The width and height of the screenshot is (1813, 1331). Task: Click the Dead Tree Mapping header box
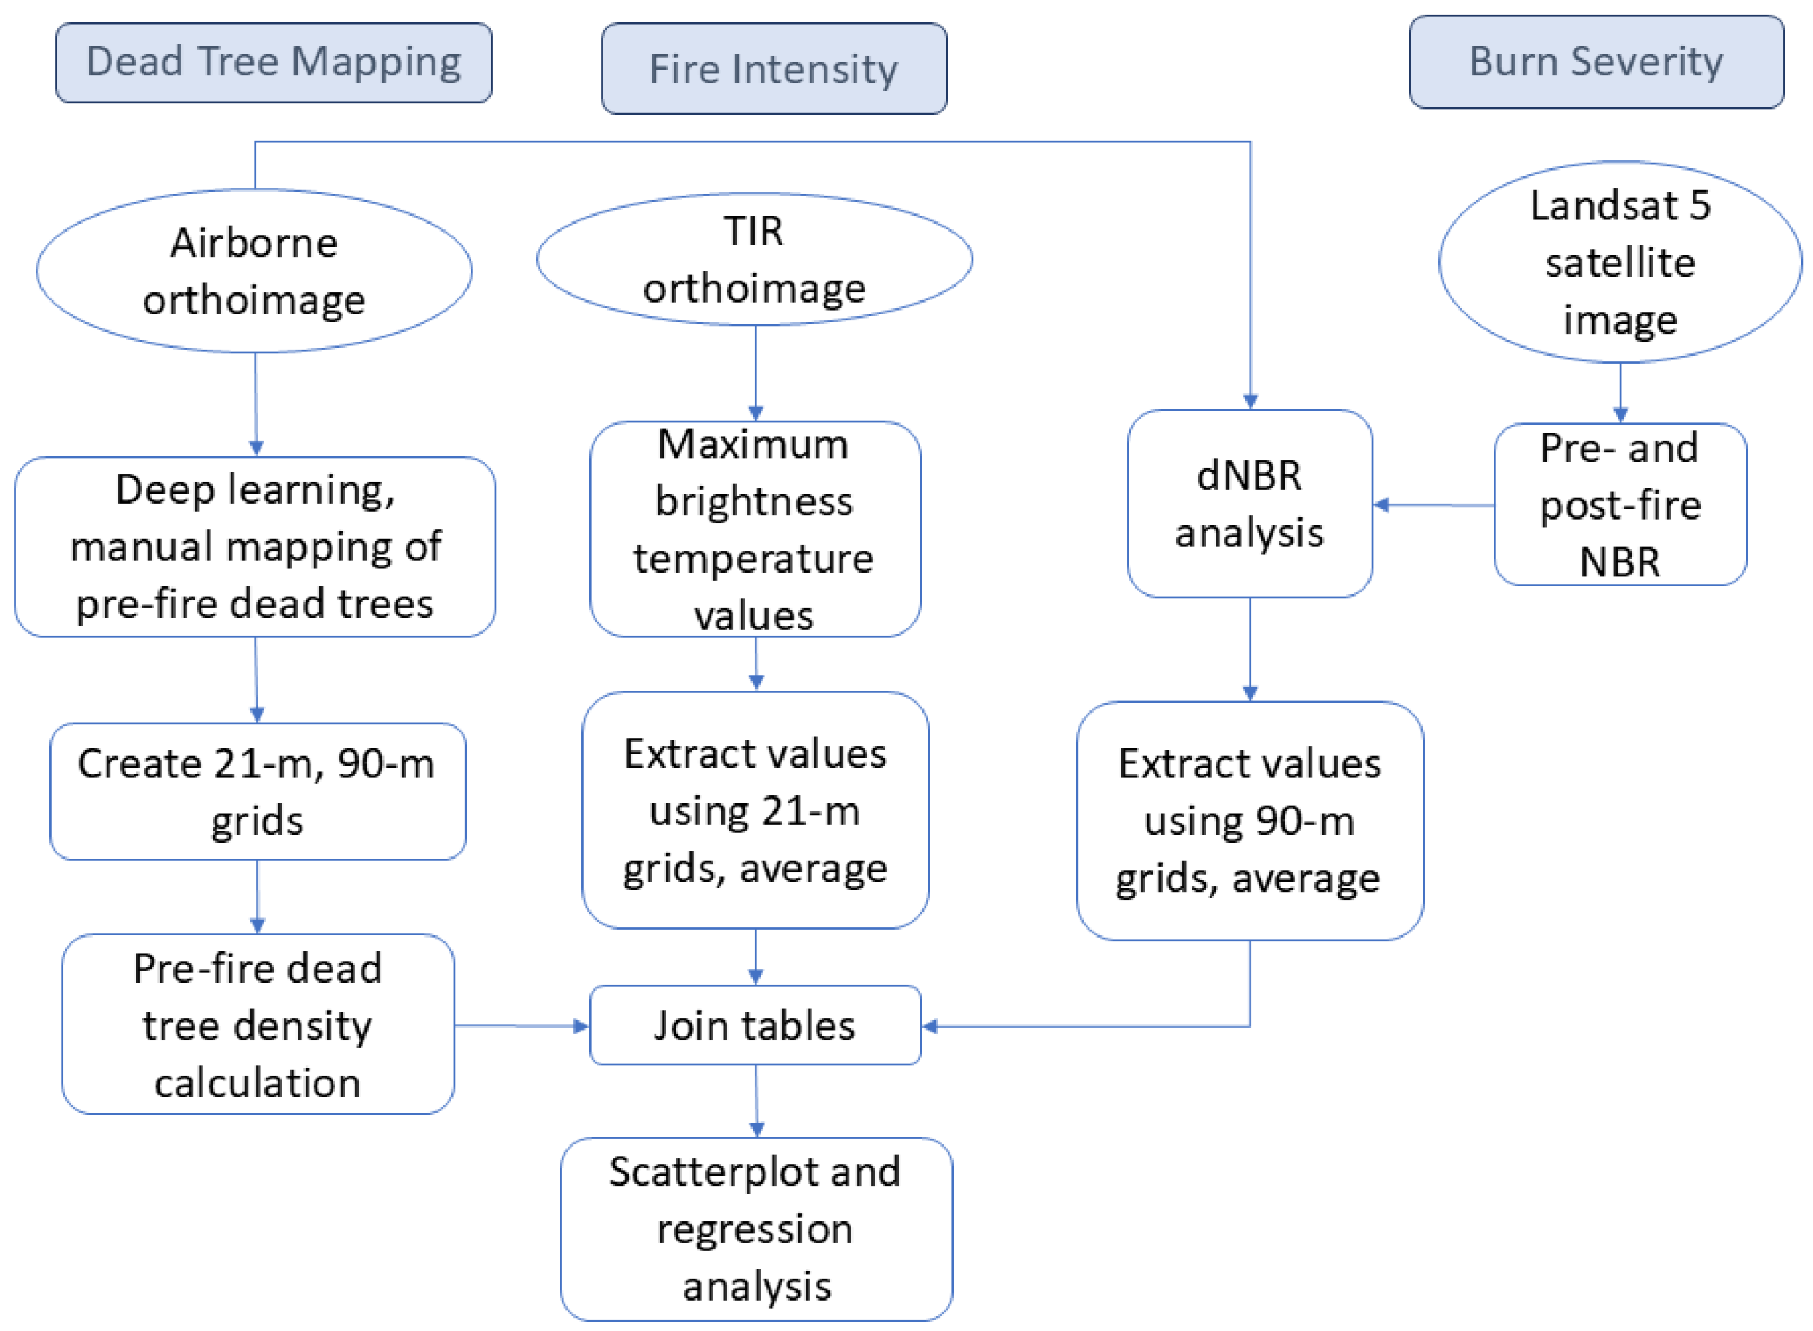point(273,63)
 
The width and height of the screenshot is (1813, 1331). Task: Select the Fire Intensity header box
point(774,68)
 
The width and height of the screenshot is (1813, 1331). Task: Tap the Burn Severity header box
point(1595,62)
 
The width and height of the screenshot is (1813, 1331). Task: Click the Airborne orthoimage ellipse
point(254,271)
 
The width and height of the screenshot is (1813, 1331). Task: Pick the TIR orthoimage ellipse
point(754,259)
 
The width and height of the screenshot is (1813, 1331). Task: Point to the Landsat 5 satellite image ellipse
point(1620,263)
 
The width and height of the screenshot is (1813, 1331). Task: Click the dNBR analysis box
point(1249,504)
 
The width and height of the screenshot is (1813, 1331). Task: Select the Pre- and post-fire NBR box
point(1620,505)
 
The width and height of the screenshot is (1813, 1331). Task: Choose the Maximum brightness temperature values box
point(755,529)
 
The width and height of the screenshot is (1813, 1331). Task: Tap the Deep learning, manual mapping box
point(255,547)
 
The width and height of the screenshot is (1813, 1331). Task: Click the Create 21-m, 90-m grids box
point(257,791)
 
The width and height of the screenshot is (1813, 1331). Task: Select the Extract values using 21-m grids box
point(755,811)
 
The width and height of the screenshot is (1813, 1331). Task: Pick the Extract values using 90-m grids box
point(1249,820)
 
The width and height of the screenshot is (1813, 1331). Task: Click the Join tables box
point(755,1025)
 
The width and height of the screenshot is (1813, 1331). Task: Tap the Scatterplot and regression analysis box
point(756,1229)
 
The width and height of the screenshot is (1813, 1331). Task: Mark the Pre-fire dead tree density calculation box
point(257,1025)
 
